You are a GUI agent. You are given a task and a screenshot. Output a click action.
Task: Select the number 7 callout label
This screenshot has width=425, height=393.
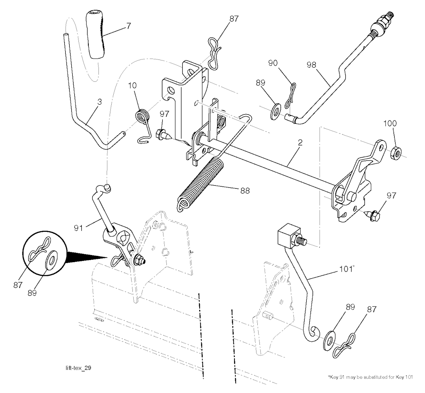(129, 26)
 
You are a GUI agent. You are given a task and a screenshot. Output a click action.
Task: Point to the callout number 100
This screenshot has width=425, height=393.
(390, 123)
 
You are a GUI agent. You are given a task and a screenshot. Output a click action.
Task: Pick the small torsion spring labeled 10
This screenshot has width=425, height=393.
(143, 123)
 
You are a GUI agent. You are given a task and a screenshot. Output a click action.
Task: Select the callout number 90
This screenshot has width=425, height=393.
(273, 63)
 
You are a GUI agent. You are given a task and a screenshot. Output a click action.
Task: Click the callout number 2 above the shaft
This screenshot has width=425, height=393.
(300, 142)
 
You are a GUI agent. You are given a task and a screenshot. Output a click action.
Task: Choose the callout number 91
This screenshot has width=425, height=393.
(78, 228)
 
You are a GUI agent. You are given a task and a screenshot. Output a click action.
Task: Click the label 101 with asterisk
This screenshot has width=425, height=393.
(347, 269)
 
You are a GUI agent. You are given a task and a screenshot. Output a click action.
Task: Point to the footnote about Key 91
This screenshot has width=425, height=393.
(370, 377)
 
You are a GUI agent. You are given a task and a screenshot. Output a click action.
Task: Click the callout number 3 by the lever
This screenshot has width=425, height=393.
(100, 102)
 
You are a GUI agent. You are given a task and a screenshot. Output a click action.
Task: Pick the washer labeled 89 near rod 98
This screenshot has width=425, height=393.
(276, 111)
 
